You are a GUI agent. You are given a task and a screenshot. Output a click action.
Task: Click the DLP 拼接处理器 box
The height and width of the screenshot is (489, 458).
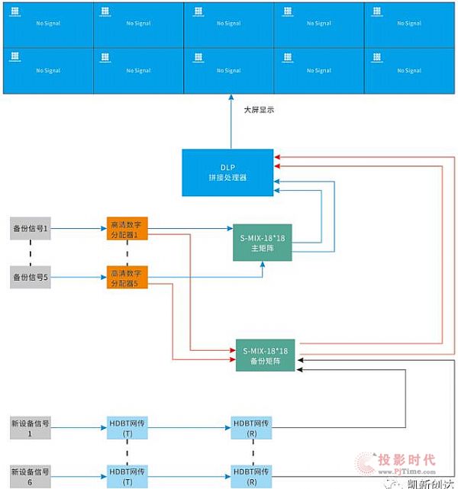[x=227, y=172]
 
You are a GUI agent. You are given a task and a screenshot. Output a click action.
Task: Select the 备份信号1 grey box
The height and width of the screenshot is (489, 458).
[x=31, y=228]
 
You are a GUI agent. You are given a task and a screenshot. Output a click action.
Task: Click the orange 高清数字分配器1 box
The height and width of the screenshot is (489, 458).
[x=127, y=228]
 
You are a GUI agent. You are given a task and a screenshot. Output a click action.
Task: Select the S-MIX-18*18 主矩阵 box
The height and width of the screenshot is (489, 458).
[x=263, y=243]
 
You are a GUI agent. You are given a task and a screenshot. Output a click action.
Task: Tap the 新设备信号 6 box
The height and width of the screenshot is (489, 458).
[x=31, y=475]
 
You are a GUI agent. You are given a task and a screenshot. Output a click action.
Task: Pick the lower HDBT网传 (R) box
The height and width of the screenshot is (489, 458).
[x=252, y=475]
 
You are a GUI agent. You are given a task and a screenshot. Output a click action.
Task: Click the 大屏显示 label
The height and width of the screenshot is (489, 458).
[x=259, y=110]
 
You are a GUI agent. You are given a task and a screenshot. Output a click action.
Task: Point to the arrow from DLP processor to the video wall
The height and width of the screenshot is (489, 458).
[x=231, y=122]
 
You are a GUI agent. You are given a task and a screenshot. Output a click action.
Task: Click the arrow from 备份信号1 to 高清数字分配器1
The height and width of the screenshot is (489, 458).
[x=79, y=228]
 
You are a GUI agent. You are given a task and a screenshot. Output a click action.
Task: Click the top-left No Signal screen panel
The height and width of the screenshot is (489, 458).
[x=48, y=24]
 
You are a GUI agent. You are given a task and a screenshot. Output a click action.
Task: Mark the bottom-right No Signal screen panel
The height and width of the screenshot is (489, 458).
[x=408, y=71]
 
